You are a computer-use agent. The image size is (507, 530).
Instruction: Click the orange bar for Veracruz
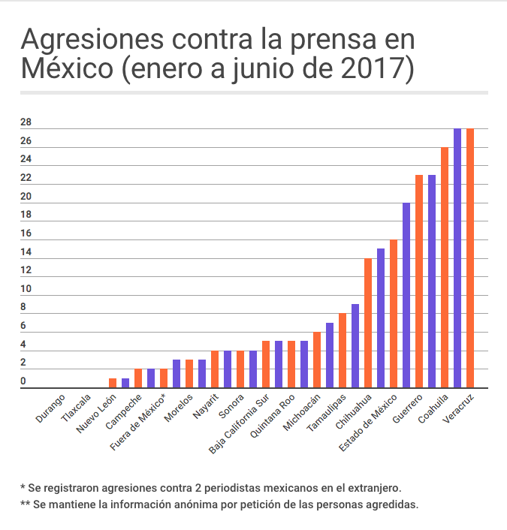point(470,258)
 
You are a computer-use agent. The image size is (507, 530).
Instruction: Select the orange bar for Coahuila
point(445,267)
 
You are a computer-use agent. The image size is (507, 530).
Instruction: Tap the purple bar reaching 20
point(406,295)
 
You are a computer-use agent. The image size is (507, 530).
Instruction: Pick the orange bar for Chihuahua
point(368,323)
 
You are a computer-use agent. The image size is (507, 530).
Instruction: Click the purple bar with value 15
point(381,318)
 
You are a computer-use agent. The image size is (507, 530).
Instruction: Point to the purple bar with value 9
point(355,346)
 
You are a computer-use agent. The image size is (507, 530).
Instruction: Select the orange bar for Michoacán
point(317,360)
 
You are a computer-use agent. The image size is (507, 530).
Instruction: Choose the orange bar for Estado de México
point(394,314)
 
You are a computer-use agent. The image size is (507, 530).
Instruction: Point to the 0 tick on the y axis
point(23,382)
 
